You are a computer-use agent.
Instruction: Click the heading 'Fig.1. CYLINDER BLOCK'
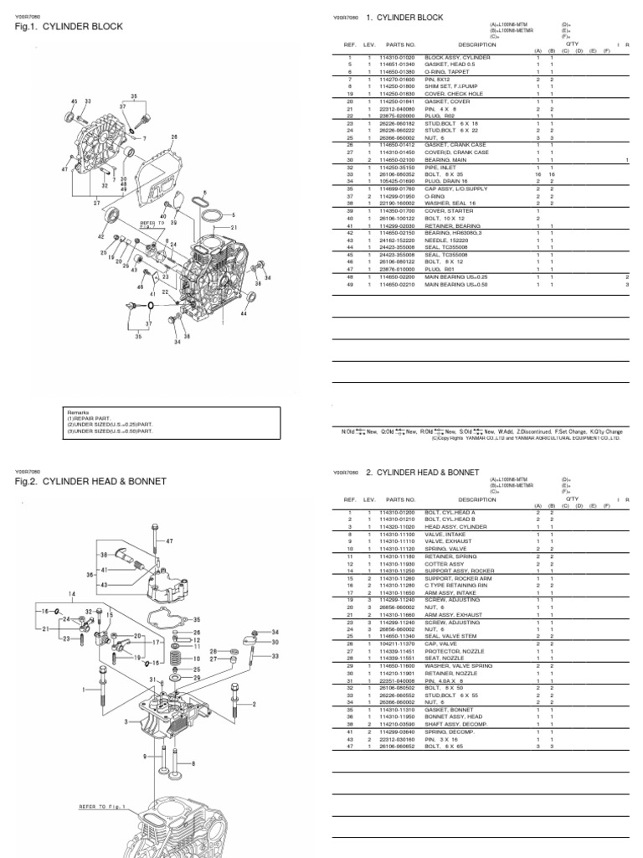pos(69,27)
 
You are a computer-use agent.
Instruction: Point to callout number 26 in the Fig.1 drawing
pos(175,137)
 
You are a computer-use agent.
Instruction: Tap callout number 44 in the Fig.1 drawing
pos(244,314)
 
